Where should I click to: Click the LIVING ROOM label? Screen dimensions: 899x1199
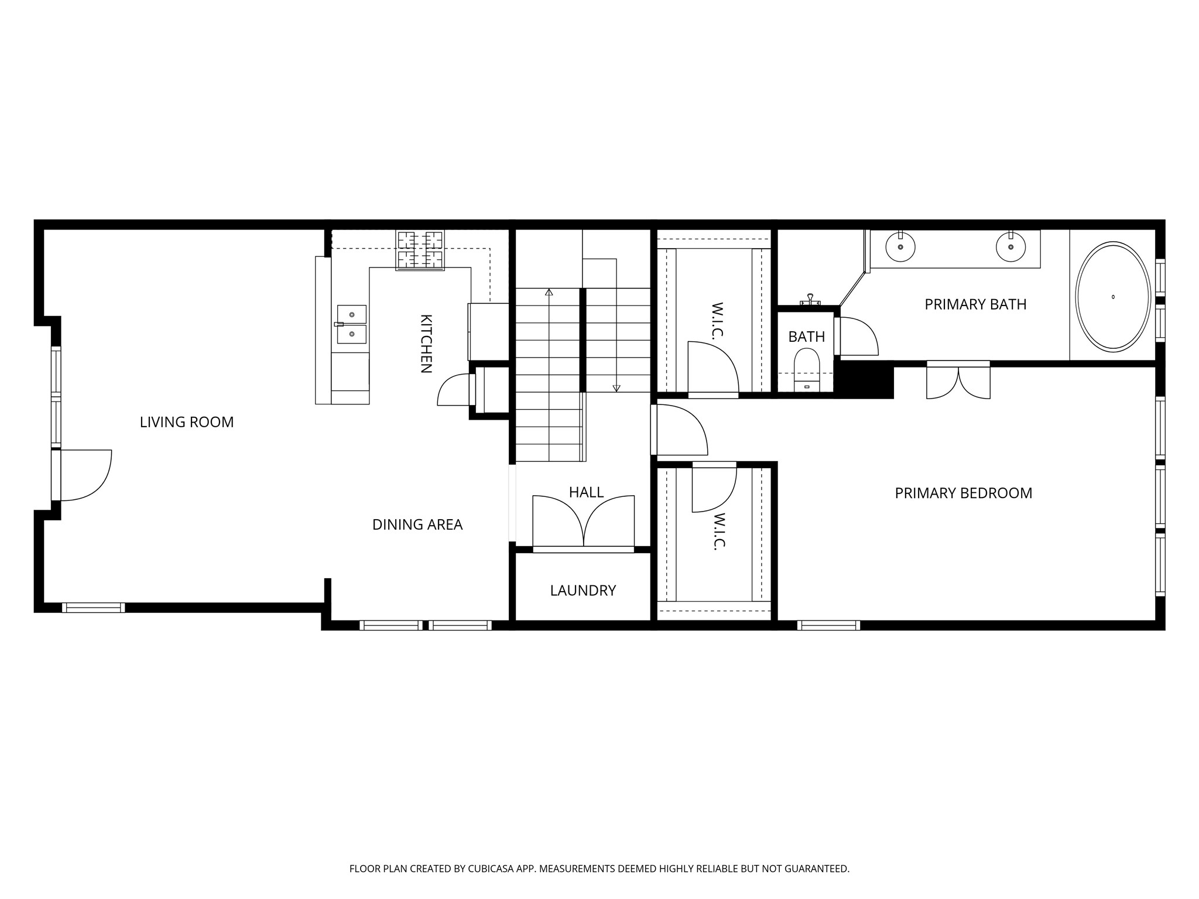click(x=187, y=422)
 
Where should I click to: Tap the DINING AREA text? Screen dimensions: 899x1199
click(x=417, y=524)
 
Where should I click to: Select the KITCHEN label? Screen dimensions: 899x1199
click(x=426, y=344)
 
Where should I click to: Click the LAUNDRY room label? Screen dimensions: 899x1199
click(x=583, y=591)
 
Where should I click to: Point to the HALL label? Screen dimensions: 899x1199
click(x=586, y=492)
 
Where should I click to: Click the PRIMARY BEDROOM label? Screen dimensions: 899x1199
click(x=963, y=493)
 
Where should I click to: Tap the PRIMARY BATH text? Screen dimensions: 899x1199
click(x=975, y=304)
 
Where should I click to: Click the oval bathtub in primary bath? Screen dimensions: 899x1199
click(x=1113, y=297)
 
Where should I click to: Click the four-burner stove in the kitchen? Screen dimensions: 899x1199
click(x=420, y=250)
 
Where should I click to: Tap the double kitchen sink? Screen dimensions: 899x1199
click(x=351, y=324)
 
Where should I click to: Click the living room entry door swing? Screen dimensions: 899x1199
click(x=85, y=475)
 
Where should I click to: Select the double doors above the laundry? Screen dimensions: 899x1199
click(x=583, y=521)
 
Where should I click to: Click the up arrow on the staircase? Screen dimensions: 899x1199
click(x=549, y=291)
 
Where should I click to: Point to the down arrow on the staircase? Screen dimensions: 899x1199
click(x=616, y=387)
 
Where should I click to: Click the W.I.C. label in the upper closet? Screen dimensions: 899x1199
click(x=718, y=320)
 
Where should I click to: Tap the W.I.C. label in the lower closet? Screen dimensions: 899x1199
click(x=719, y=531)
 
